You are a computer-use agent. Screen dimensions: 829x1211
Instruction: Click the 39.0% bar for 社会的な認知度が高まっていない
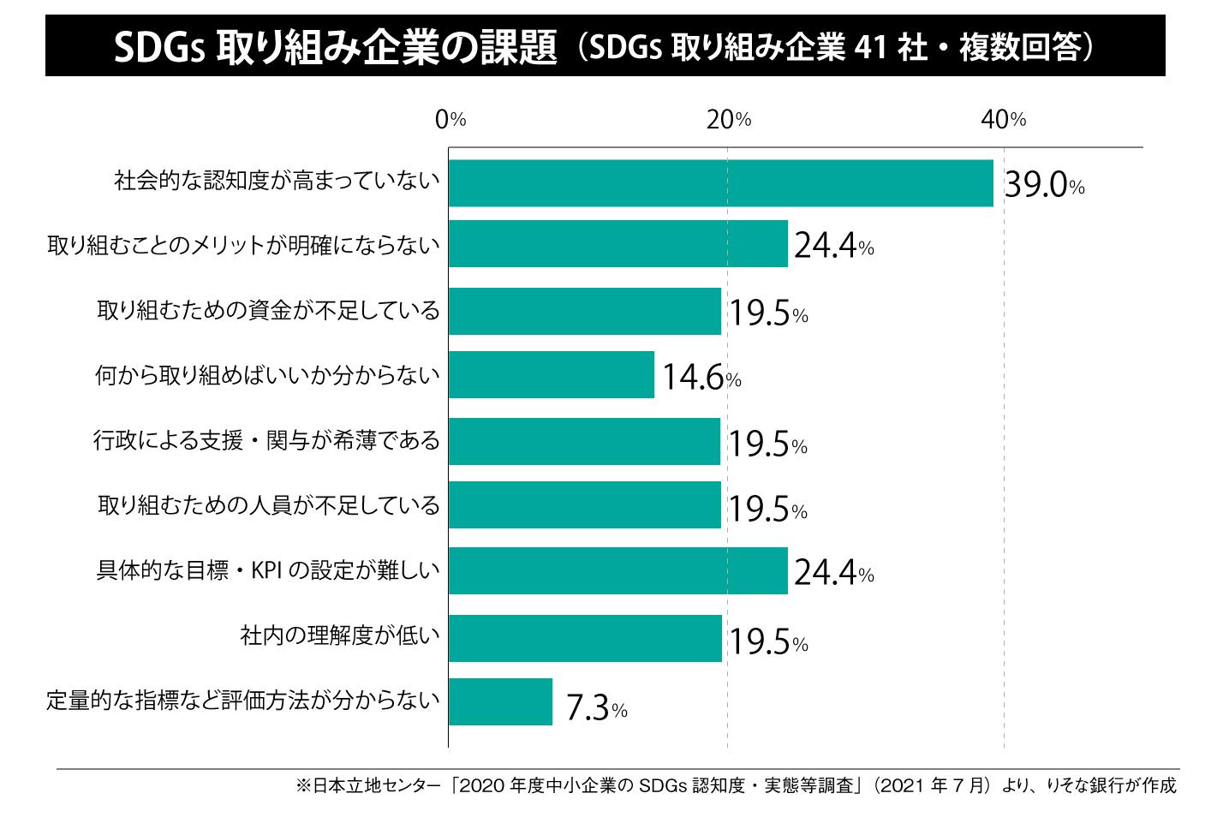720,183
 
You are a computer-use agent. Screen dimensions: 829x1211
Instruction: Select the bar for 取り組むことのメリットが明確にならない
617,244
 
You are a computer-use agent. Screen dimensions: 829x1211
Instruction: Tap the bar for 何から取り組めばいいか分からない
551,375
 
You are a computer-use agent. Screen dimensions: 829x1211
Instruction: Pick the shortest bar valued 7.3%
500,702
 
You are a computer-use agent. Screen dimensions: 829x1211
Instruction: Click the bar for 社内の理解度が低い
585,638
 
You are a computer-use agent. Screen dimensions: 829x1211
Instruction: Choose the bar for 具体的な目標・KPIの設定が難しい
617,571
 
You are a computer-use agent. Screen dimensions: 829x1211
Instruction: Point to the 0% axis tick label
450,120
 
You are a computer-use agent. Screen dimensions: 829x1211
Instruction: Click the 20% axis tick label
729,120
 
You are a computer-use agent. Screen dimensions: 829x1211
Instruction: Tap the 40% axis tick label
1004,120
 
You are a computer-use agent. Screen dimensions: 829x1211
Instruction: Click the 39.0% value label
1043,185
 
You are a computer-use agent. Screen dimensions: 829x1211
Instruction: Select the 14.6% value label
701,378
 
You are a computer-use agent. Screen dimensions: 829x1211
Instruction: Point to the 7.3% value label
596,709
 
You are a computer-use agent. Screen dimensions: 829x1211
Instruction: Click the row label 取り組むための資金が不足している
268,310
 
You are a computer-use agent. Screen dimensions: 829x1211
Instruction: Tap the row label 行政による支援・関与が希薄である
266,441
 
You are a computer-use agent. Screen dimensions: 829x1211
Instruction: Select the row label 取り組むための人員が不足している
269,505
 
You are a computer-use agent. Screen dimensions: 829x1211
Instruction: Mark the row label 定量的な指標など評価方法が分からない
243,701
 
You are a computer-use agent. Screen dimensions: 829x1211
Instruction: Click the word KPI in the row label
266,570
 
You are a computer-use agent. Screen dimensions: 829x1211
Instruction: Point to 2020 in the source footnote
484,785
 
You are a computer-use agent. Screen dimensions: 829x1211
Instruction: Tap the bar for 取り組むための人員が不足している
584,505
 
